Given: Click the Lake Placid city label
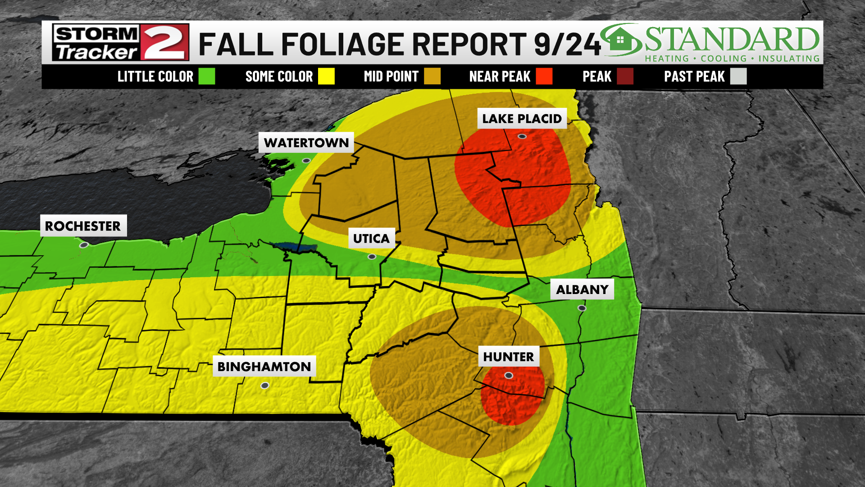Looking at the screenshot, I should point(522,119).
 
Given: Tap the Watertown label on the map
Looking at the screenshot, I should point(306,142).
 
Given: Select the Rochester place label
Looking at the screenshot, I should point(83,226).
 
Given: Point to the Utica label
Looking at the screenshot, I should point(371,238).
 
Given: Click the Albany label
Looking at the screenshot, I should point(582,289).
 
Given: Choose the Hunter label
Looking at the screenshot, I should point(508,357).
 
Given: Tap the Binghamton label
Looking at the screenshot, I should point(264,367).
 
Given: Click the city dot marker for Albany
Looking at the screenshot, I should point(582,308).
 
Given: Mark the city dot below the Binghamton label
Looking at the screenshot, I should point(265,386).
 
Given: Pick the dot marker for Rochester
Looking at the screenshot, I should point(83,245).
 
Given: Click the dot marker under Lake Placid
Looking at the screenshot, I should point(522,136).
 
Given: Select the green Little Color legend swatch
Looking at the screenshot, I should point(207,76).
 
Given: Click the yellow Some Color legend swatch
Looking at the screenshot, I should point(326,76).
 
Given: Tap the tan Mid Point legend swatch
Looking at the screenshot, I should point(432,76).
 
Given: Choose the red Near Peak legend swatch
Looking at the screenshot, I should point(544,76).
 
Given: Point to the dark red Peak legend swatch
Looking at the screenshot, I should point(625,76).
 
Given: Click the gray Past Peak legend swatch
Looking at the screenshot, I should point(738,76).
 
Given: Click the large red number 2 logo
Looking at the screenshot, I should point(165,42).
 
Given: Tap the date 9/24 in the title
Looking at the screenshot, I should point(567,44).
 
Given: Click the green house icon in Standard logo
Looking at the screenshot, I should point(620,40).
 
